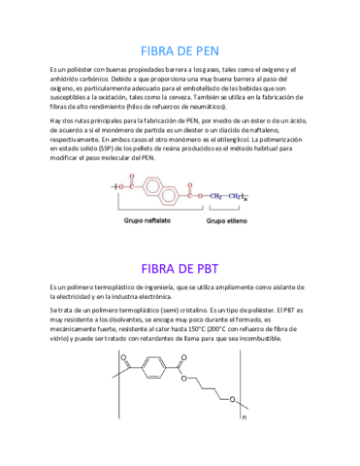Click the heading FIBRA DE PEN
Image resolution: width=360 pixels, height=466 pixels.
click(180, 49)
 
